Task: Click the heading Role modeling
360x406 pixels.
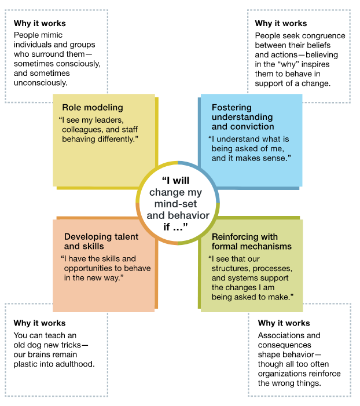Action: point(93,108)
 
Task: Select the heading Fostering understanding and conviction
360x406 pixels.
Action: point(243,117)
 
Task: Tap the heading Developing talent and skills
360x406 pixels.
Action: point(101,242)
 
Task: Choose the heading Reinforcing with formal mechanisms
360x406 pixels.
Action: point(252,242)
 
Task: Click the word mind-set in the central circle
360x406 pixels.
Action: point(176,204)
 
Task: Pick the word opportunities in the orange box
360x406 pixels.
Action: point(87,269)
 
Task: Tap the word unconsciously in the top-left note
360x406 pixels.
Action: point(41,83)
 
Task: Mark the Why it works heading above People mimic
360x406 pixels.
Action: point(40,23)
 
